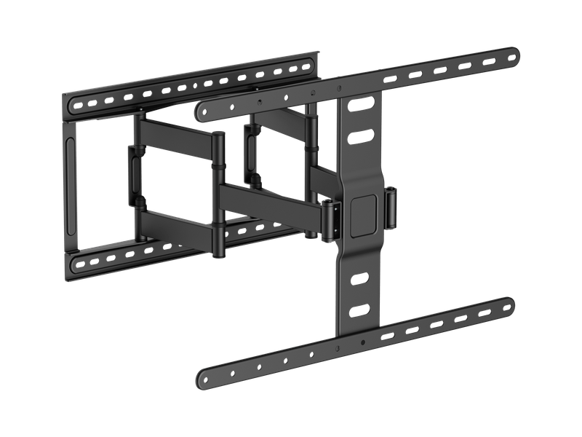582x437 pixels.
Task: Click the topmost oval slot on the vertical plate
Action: tap(359, 106)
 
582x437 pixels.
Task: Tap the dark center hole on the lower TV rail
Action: tap(362, 342)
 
